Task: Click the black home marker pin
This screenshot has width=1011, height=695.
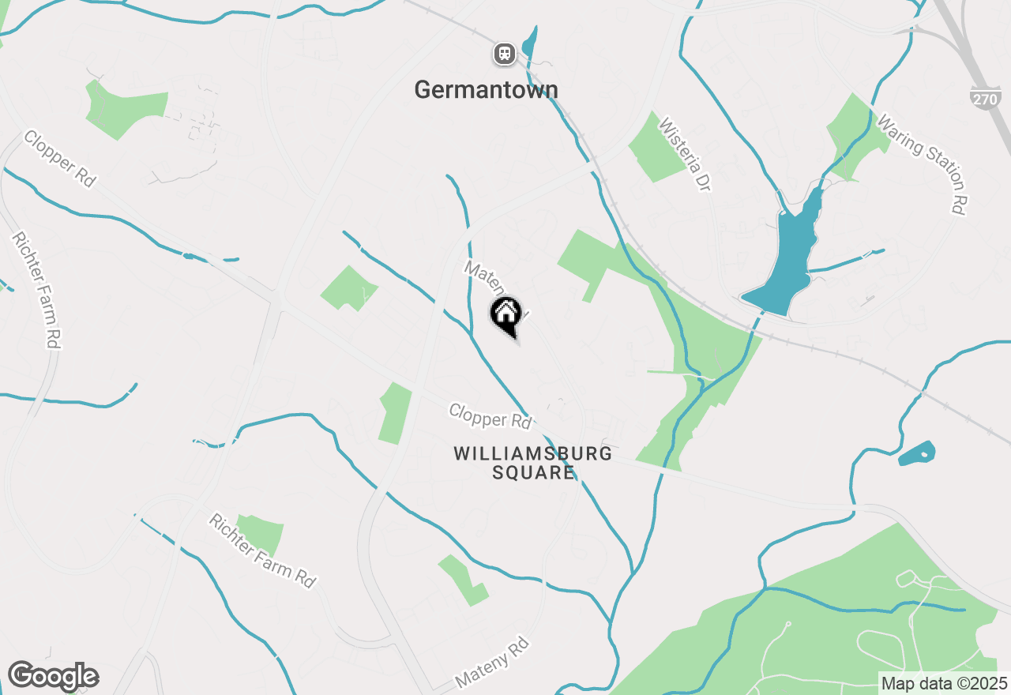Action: [506, 314]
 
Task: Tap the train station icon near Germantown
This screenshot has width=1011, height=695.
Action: [504, 54]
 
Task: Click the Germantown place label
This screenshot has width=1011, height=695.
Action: [486, 90]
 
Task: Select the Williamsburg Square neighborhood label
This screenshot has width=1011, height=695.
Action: [533, 463]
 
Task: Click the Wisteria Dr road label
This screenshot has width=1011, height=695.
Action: [684, 155]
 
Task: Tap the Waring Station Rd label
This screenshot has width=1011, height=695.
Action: [922, 166]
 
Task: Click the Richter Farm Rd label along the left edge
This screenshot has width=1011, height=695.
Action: [36, 290]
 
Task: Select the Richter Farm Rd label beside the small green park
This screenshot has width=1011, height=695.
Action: [261, 550]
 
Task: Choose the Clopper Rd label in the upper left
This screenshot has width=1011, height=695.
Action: [59, 159]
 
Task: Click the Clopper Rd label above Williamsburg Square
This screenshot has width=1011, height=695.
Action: [490, 415]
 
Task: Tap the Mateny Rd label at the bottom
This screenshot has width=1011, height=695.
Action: [491, 664]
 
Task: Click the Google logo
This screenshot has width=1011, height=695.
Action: [53, 677]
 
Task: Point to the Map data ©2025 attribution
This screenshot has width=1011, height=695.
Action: [944, 683]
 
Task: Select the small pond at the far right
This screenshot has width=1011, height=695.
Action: [918, 453]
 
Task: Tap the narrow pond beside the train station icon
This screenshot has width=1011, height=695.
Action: [529, 43]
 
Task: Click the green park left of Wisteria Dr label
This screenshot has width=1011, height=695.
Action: [655, 148]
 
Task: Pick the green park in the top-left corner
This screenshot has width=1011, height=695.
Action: [125, 107]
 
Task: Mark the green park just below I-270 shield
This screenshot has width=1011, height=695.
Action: [854, 131]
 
